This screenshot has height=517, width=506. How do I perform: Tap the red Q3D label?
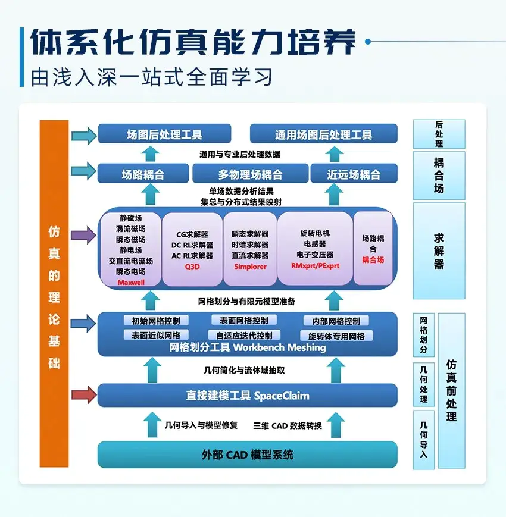coord(192,267)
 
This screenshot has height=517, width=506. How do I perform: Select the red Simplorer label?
coord(249,266)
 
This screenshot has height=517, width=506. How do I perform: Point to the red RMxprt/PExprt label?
coord(315,266)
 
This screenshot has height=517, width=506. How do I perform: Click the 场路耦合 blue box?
coord(143,174)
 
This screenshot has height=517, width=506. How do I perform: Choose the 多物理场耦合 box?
coord(249,174)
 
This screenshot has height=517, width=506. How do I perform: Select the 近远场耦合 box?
coord(354,174)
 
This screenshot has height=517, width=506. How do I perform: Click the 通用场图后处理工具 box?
coord(323,134)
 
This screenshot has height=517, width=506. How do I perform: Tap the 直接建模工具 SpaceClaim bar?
coord(247,396)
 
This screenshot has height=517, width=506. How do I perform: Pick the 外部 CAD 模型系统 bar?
coord(247,455)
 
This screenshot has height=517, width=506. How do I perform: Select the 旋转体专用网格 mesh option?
coord(336,336)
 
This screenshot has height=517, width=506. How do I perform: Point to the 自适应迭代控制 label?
coord(244,336)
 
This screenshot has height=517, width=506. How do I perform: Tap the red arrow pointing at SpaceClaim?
coord(83,394)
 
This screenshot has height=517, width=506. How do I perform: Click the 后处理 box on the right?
coord(439,134)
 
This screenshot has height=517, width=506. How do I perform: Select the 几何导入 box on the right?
coord(424,440)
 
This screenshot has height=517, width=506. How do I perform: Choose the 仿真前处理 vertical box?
coord(452,390)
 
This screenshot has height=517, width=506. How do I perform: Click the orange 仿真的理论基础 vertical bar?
coord(54,293)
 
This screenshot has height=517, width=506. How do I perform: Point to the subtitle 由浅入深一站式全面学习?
coord(152,78)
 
